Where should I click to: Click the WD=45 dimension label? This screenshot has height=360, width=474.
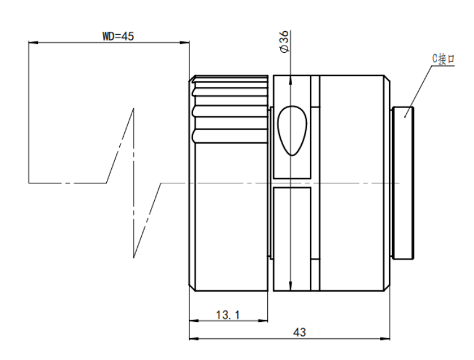(118, 36)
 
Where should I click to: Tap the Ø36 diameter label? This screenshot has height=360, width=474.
(285, 42)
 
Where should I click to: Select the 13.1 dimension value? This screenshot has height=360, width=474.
(228, 315)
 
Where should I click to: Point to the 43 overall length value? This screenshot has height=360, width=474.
(299, 333)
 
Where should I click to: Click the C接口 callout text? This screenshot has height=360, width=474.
(443, 58)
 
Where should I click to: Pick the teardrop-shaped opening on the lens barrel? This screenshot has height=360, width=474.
(292, 131)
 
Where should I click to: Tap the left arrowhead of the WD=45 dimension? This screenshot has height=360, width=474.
(34, 42)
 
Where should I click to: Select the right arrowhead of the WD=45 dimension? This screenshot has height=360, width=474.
(185, 42)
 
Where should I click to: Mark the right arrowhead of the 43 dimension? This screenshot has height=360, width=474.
(385, 338)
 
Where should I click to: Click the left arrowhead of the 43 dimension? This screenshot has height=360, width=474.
(194, 338)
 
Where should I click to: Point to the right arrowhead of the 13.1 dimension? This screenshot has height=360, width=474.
(263, 321)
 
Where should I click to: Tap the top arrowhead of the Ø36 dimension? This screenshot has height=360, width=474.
(291, 80)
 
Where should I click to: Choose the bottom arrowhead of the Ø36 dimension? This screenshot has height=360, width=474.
(291, 286)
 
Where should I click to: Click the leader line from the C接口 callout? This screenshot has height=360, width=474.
(418, 91)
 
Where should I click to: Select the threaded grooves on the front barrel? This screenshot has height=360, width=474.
(230, 109)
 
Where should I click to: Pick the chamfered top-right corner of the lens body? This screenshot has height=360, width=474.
(387, 78)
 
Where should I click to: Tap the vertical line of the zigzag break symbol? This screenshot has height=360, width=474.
(134, 183)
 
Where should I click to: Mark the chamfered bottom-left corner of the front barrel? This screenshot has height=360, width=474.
(192, 288)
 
